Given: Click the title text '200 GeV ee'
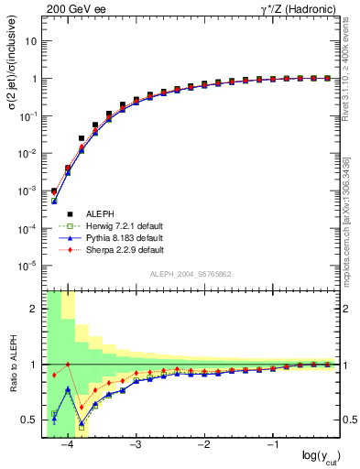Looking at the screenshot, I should point(72,8).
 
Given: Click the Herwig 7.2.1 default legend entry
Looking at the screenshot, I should point(121,224).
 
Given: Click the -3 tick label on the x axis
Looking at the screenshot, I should point(135,444).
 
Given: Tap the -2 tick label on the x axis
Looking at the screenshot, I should point(203,444).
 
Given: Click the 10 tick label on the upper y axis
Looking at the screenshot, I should point(32,41).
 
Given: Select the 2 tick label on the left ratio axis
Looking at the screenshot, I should point(35,309).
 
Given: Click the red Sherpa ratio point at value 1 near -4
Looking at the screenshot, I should point(68,365).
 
